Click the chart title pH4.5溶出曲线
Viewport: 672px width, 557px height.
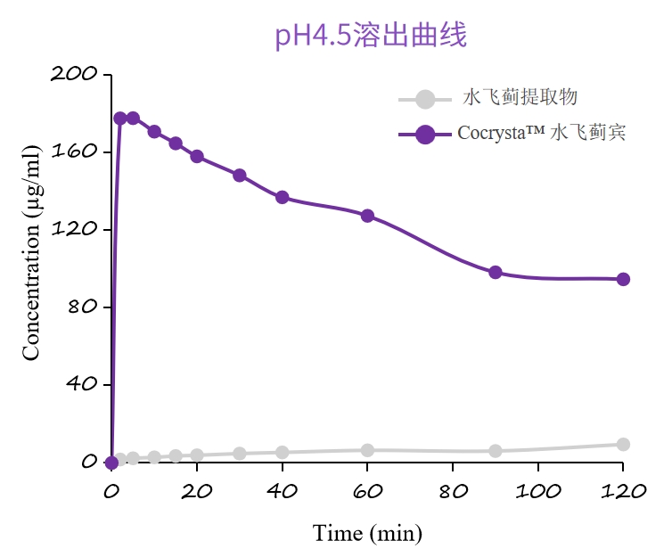pos(371,36)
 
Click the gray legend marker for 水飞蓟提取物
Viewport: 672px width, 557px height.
pos(426,100)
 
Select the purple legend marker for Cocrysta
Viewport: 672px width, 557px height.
pos(426,135)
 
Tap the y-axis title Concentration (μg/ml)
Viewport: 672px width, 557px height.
pos(32,268)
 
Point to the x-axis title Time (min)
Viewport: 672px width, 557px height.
pos(367,533)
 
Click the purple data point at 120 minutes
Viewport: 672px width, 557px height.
pos(623,279)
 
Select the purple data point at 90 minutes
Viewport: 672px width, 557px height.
pos(496,272)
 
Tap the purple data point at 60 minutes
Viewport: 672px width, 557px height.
pos(367,216)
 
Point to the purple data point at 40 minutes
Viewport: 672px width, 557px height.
pos(282,197)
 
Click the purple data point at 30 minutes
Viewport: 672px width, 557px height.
pos(240,175)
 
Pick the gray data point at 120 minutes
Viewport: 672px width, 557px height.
pos(623,444)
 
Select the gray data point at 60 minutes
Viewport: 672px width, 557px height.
pos(367,450)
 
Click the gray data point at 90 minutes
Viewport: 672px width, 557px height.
pos(496,451)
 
